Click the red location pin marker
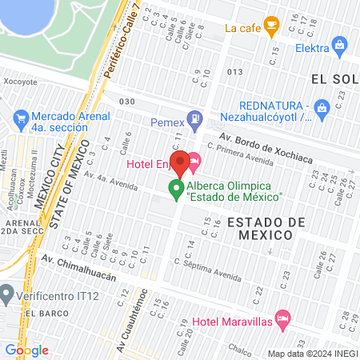180,162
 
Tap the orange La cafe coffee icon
271,26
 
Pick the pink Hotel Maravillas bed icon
282,318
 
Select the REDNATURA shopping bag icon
322,106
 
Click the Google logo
26,350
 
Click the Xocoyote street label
20,82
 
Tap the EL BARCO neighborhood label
38,313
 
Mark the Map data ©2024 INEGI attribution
311,354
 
